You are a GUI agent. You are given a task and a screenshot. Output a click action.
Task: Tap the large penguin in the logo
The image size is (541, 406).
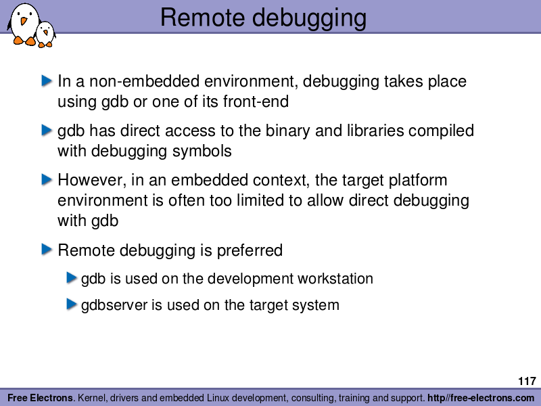tap(24, 24)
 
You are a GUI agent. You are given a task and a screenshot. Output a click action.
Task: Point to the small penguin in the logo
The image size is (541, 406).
tap(45, 35)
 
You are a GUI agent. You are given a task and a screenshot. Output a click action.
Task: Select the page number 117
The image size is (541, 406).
tap(527, 381)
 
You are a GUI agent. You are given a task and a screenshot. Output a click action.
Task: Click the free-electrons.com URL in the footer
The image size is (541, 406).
tap(481, 398)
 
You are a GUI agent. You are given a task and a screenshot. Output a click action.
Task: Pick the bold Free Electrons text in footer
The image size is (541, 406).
tap(41, 398)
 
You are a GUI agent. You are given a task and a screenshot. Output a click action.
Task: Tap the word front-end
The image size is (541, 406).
tap(256, 101)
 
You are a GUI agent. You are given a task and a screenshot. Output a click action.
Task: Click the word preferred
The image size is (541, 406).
tap(250, 251)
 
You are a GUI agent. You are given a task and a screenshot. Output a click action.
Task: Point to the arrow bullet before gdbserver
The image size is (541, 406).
tap(72, 304)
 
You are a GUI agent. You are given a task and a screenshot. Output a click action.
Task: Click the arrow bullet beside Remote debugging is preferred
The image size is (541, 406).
tap(47, 249)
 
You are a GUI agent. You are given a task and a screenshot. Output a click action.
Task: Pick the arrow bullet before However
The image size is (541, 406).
tap(47, 179)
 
